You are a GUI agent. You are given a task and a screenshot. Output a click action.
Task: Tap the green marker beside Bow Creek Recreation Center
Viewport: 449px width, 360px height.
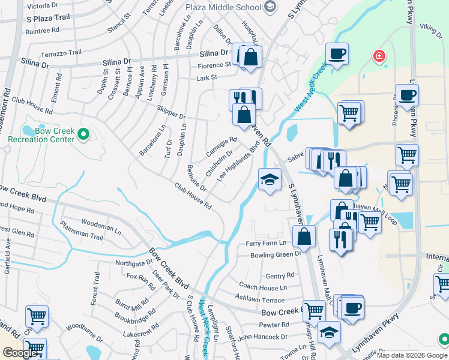point(85,134)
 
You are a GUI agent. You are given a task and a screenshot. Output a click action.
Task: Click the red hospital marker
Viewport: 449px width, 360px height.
point(379,58)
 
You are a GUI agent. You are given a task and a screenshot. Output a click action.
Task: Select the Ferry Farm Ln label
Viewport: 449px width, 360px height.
point(266,243)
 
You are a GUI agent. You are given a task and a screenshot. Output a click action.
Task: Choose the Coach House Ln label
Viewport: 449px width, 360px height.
point(263,287)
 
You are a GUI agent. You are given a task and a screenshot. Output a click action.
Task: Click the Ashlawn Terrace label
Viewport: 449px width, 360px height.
point(259,299)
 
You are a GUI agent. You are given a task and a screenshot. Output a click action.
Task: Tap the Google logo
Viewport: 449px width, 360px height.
point(20,353)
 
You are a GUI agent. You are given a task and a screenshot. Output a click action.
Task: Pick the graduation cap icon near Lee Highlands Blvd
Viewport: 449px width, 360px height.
point(270,179)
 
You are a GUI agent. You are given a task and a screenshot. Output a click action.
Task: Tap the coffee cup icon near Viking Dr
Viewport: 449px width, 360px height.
point(337,53)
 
